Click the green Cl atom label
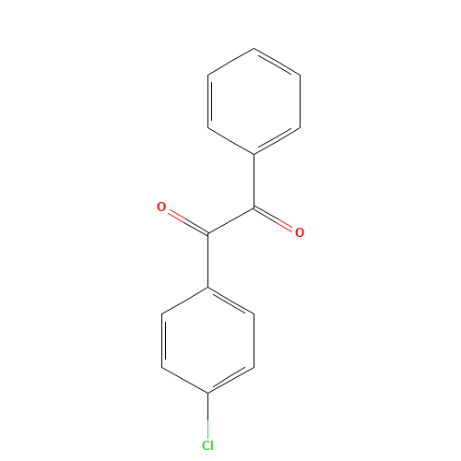click(207, 446)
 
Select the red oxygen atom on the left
click(161, 207)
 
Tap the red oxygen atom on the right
click(299, 232)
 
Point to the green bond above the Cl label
click(207, 420)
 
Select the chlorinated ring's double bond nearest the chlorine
click(230, 380)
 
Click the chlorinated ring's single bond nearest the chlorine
click(184, 380)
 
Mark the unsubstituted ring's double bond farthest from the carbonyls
click(277, 62)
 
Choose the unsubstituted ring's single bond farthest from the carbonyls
click(230, 62)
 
